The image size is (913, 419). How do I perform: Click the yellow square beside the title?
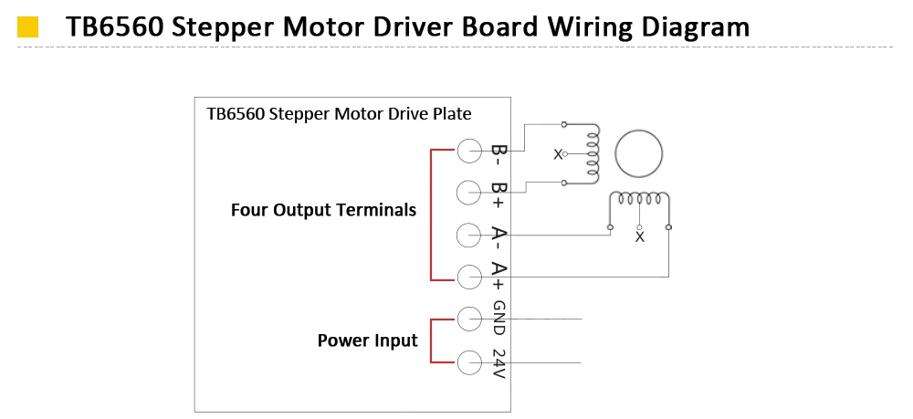[x=28, y=27]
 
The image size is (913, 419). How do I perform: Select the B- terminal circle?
[x=469, y=151]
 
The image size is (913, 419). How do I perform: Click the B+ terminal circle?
[x=469, y=193]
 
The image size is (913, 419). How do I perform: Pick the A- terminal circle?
[x=469, y=236]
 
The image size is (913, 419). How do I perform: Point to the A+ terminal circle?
[x=469, y=277]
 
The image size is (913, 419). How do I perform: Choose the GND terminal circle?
[x=469, y=319]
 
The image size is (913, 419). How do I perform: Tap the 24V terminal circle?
[x=469, y=362]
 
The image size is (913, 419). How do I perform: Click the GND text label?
[x=499, y=318]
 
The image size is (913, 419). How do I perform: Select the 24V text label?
[x=499, y=363]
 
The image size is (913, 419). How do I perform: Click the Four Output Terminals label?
[x=324, y=210]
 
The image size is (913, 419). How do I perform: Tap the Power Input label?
[x=367, y=340]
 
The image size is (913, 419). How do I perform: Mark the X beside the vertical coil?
[x=558, y=155]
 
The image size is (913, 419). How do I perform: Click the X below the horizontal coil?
[x=640, y=236]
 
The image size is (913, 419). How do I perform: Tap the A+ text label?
[x=499, y=276]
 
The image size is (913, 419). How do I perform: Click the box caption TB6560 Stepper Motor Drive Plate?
[x=339, y=114]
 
